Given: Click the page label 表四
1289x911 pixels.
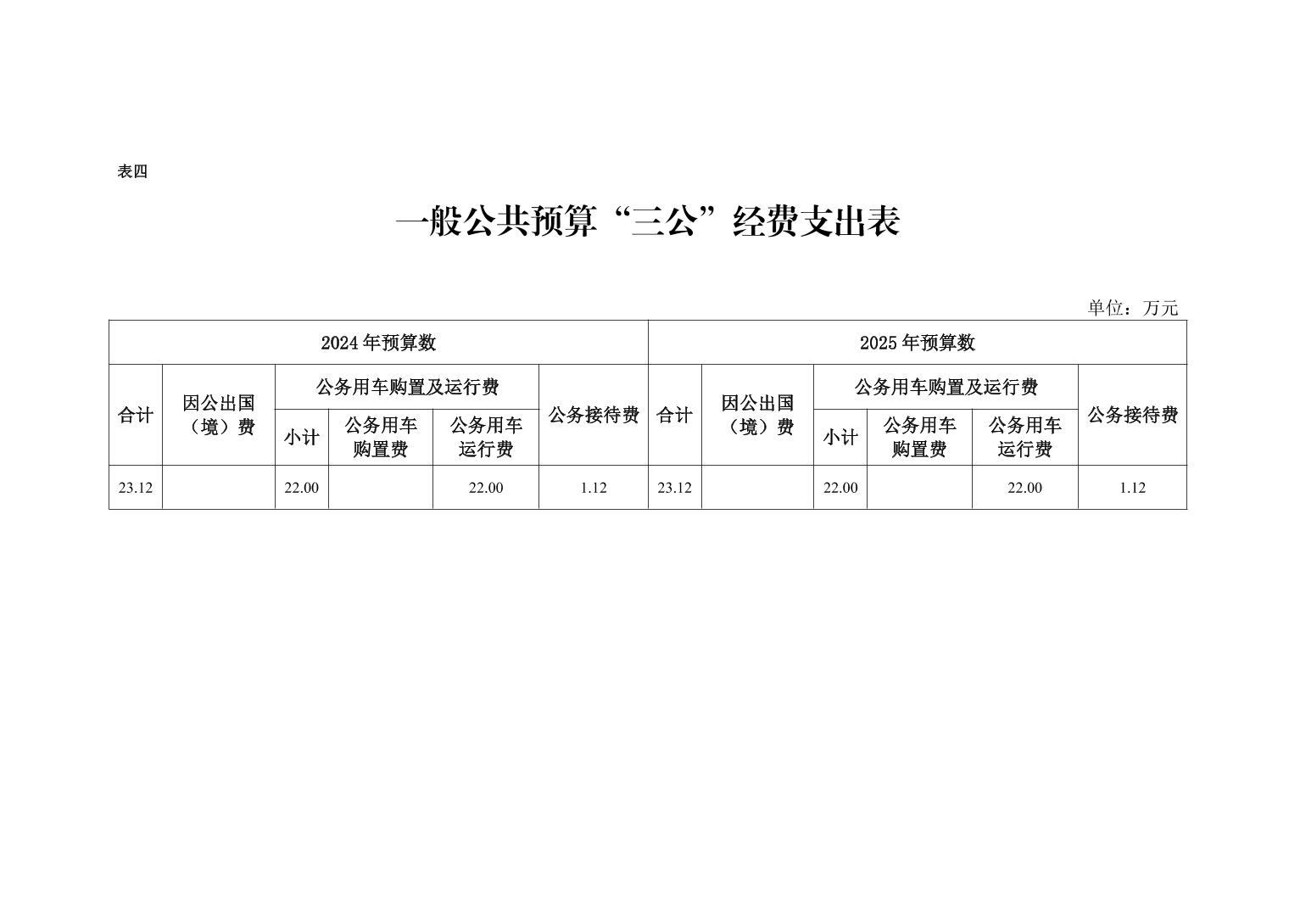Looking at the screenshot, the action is [x=132, y=171].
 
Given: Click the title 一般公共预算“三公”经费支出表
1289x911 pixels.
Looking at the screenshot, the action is [x=648, y=221].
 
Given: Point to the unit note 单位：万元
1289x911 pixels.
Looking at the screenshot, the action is [x=1132, y=308].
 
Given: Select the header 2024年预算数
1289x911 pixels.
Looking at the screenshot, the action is [x=378, y=343].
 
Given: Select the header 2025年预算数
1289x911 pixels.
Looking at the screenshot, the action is [x=918, y=343].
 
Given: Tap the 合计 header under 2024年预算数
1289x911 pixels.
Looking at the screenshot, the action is [x=136, y=415].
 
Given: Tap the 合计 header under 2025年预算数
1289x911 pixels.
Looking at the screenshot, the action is [x=674, y=415].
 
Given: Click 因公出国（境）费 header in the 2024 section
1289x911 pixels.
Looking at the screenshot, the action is [x=219, y=415].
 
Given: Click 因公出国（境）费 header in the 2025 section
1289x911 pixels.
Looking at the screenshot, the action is [x=757, y=415].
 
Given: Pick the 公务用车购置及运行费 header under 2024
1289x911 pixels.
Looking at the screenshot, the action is [x=407, y=387].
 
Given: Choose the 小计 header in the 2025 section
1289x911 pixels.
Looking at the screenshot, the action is [x=840, y=438].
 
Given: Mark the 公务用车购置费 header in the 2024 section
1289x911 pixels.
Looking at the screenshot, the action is [x=381, y=438].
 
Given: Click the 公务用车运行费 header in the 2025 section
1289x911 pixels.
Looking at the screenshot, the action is [x=1025, y=438].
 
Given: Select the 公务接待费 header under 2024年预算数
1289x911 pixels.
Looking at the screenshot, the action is [x=594, y=415].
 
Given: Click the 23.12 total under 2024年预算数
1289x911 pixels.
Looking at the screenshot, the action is [x=136, y=488].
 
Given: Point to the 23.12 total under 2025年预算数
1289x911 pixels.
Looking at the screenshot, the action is [x=674, y=488].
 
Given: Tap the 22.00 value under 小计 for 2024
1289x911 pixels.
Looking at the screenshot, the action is [x=302, y=488].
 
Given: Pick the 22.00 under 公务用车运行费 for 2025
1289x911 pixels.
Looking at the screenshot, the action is [x=1025, y=488].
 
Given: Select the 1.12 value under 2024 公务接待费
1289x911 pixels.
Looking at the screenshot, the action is [x=594, y=488].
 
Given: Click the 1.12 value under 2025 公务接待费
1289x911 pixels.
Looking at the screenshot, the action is [x=1132, y=488].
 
